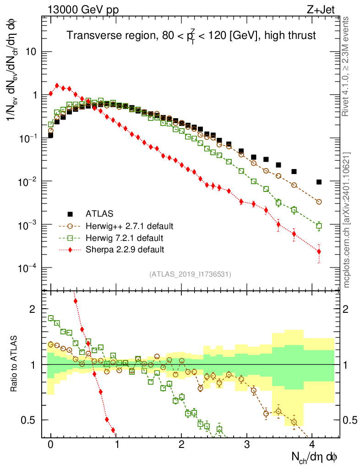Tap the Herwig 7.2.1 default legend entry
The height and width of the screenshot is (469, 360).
pyautogui.click(x=125, y=238)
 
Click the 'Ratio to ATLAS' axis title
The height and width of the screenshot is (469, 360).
pyautogui.click(x=15, y=365)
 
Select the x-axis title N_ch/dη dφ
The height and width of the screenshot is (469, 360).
pyautogui.click(x=315, y=458)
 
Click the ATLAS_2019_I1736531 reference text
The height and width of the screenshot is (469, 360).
pyautogui.click(x=190, y=274)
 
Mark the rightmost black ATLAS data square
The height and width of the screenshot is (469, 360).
pyautogui.click(x=319, y=182)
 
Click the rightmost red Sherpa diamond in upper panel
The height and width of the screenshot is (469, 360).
pyautogui.click(x=319, y=251)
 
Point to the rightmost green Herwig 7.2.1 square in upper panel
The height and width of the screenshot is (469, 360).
pyautogui.click(x=319, y=225)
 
